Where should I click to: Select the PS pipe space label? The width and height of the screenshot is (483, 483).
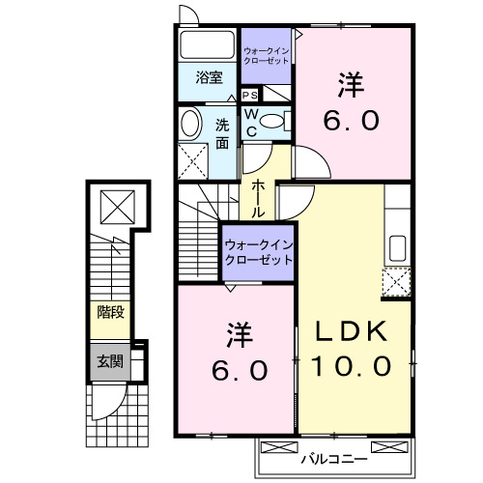tap(249, 95)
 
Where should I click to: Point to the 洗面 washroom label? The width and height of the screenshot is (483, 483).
tap(222, 134)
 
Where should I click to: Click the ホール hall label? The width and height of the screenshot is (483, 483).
tap(259, 197)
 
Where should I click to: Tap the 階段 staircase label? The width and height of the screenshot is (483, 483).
tap(109, 312)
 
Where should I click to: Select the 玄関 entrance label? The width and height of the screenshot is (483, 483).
tap(109, 362)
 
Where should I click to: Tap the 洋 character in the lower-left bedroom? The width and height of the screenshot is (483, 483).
tap(239, 335)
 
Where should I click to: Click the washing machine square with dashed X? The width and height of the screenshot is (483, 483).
tap(194, 158)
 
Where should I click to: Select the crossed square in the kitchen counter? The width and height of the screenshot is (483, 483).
tap(397, 283)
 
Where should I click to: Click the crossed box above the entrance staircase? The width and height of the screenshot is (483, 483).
tap(116, 207)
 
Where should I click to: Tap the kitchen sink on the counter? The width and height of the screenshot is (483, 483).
tap(396, 248)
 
